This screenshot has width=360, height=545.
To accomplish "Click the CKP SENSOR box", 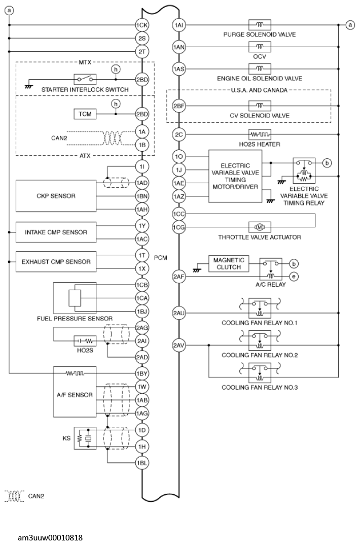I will pyautogui.click(x=56, y=196).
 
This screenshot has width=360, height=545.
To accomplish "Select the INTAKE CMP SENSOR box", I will pyautogui.click(x=56, y=232).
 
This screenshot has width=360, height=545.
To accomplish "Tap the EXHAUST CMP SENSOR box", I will pyautogui.click(x=56, y=262).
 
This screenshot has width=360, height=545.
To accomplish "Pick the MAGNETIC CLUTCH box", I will pyautogui.click(x=228, y=264).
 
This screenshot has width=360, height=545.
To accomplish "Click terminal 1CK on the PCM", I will pyautogui.click(x=141, y=24).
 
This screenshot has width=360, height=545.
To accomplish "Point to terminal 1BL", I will pyautogui.click(x=141, y=463).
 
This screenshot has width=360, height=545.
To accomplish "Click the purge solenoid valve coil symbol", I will pyautogui.click(x=260, y=24).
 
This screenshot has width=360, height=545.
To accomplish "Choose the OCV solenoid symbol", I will pyautogui.click(x=260, y=47).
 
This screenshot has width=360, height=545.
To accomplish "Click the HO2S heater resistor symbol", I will pyautogui.click(x=260, y=134).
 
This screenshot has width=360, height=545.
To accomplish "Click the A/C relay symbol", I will pyautogui.click(x=270, y=269).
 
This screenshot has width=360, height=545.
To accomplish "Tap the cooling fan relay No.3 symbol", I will pyautogui.click(x=260, y=372).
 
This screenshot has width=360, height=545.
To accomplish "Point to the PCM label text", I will pyautogui.click(x=160, y=258).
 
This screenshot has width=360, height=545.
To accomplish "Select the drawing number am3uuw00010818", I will pyautogui.click(x=50, y=537).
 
